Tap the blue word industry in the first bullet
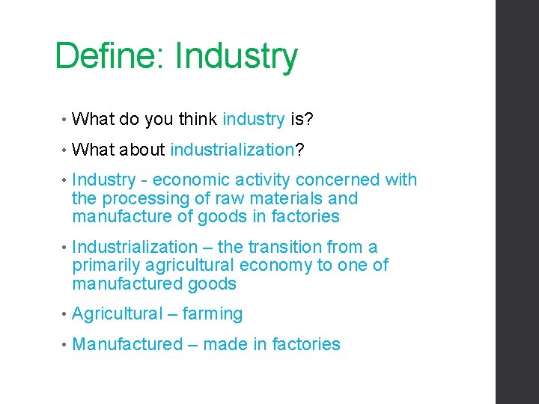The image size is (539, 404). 253,119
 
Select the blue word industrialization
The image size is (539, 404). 232,150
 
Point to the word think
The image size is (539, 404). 198,119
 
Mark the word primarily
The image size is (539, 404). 104,266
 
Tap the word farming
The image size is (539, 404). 213,314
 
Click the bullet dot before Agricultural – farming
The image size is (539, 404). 65,315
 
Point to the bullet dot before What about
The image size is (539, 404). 65,150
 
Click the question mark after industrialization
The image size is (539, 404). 299,150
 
